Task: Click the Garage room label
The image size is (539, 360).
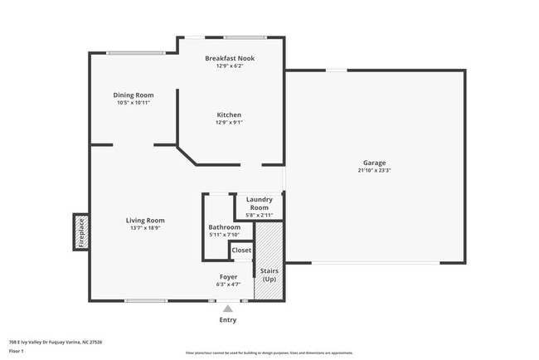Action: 374,163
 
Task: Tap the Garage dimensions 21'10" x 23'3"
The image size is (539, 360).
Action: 374,171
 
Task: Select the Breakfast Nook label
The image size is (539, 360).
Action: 230,58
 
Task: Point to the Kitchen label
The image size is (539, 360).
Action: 229,114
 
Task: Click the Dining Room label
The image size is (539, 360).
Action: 134,95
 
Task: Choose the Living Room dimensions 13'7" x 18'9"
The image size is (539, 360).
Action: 145,228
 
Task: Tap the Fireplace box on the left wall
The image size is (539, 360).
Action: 81,231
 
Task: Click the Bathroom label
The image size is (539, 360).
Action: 224,227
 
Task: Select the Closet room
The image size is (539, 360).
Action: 241,250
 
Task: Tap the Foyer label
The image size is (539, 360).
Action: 229,276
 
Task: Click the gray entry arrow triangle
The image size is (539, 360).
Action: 228,309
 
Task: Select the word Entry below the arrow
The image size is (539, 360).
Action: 228,320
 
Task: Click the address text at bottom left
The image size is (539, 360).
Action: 55,341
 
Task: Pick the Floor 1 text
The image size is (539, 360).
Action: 17,351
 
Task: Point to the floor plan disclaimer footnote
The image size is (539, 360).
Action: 269,353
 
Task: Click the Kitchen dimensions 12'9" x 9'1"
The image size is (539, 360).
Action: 229,122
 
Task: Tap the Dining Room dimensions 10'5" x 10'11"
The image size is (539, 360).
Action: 134,102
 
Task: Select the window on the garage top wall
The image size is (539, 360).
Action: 335,71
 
